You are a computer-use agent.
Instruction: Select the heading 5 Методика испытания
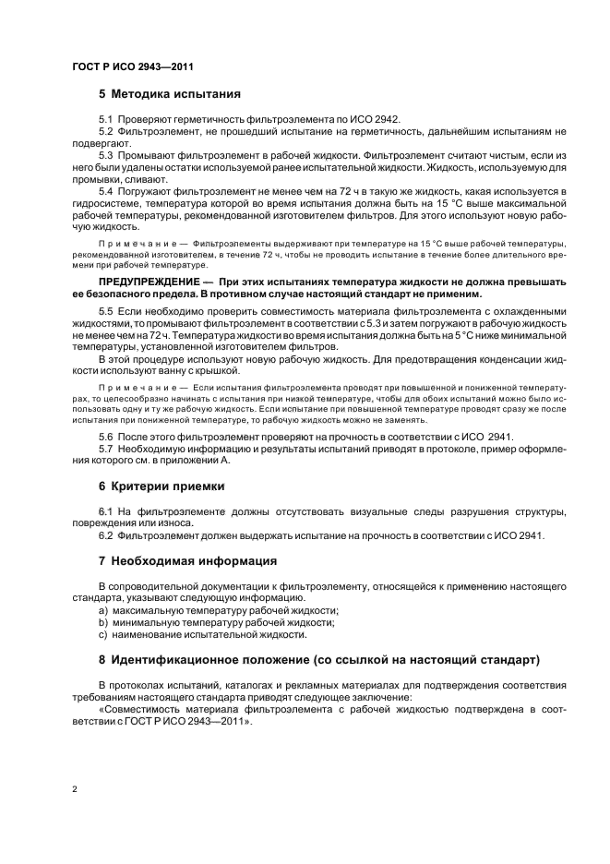tap(169, 94)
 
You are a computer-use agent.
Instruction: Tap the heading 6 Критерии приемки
tap(161, 486)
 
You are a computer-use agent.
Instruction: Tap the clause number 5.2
tap(105, 132)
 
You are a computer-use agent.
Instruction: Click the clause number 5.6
tap(105, 436)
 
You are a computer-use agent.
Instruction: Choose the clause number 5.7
tap(105, 448)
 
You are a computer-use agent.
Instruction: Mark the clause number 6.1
tap(105, 510)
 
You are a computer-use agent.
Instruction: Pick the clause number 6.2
tap(105, 534)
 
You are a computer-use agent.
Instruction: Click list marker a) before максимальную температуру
tap(103, 610)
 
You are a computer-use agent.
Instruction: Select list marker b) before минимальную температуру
tap(103, 622)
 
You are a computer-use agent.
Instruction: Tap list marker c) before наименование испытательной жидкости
tap(103, 634)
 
